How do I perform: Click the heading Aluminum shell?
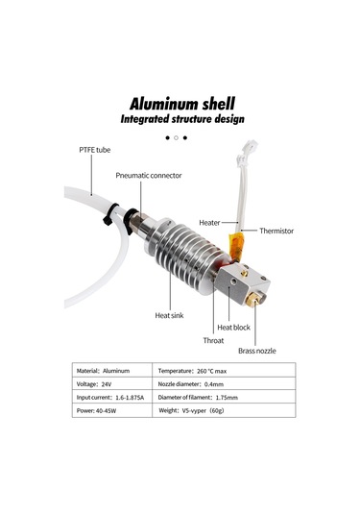point(180,102)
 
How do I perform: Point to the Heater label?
point(209,222)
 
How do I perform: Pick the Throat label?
point(213,340)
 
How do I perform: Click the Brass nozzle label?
point(256,351)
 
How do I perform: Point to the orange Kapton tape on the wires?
point(231,241)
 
